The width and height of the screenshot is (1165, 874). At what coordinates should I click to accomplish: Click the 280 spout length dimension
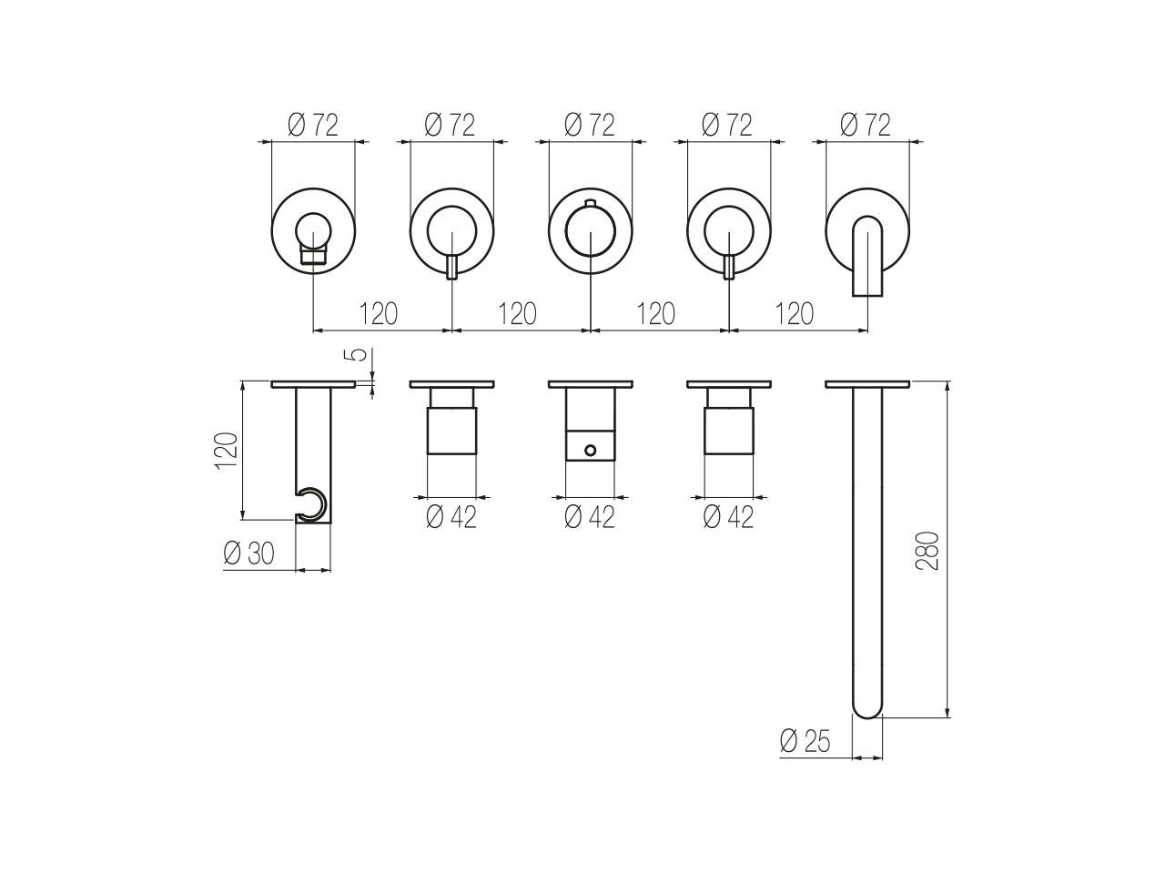927,550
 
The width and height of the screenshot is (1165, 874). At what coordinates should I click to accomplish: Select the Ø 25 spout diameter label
805,741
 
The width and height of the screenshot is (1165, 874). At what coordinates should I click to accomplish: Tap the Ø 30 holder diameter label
248,554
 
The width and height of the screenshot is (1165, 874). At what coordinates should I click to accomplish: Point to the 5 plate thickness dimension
360,354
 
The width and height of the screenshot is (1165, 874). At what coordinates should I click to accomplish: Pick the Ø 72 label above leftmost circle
312,126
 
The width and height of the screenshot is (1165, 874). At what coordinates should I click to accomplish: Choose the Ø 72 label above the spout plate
866,126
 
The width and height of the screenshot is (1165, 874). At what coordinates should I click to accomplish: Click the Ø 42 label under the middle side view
589,516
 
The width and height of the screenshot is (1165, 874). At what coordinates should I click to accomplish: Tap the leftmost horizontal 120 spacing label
379,313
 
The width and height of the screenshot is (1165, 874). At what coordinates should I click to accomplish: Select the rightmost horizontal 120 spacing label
794,313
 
